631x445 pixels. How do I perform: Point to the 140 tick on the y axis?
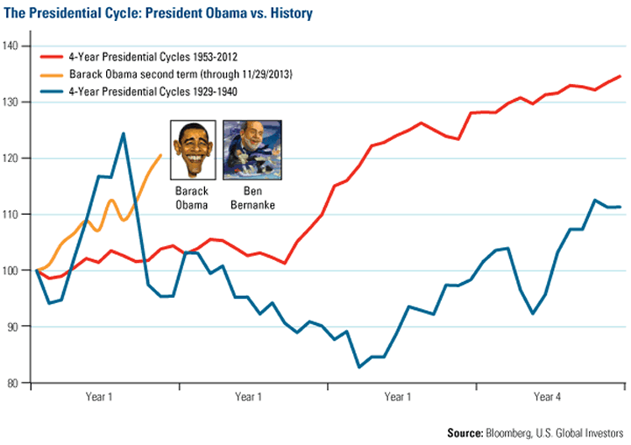pyautogui.click(x=16, y=46)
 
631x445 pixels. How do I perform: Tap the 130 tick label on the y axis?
pyautogui.click(x=16, y=102)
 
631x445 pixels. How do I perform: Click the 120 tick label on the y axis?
pyautogui.click(x=16, y=158)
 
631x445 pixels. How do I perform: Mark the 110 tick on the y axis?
pyautogui.click(x=16, y=214)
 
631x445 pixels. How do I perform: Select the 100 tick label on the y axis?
pyautogui.click(x=16, y=270)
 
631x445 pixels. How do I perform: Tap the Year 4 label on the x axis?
pyautogui.click(x=549, y=397)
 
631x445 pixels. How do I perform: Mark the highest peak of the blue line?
pyautogui.click(x=123, y=134)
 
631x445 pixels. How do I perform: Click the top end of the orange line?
pyautogui.click(x=160, y=155)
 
